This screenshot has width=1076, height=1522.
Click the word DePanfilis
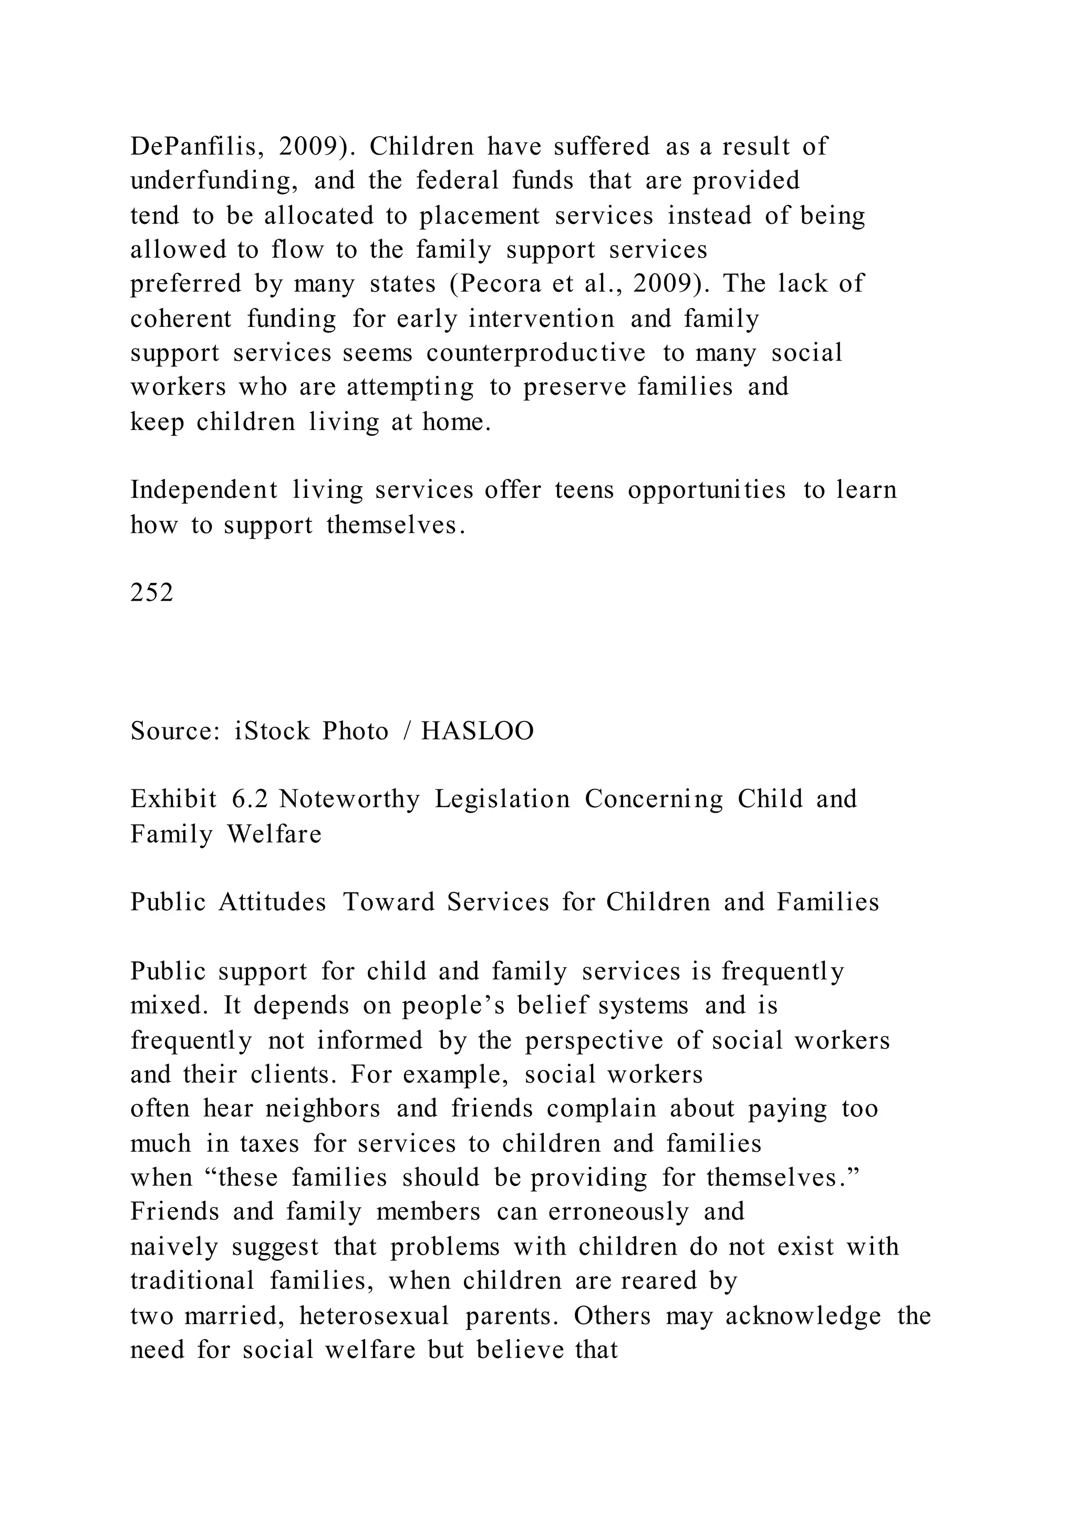coord(191,147)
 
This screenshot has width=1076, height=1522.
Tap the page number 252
coord(152,593)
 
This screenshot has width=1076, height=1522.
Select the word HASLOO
coord(478,731)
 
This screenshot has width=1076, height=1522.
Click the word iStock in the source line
coord(272,731)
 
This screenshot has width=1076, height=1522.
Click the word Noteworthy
coord(349,799)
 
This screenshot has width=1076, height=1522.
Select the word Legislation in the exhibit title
coord(502,799)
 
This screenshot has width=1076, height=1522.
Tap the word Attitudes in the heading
coord(272,902)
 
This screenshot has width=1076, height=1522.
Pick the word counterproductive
coord(536,353)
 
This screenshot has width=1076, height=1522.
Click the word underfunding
coord(213,181)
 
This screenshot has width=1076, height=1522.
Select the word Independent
coord(204,490)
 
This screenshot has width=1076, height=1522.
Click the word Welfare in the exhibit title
coord(274,834)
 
